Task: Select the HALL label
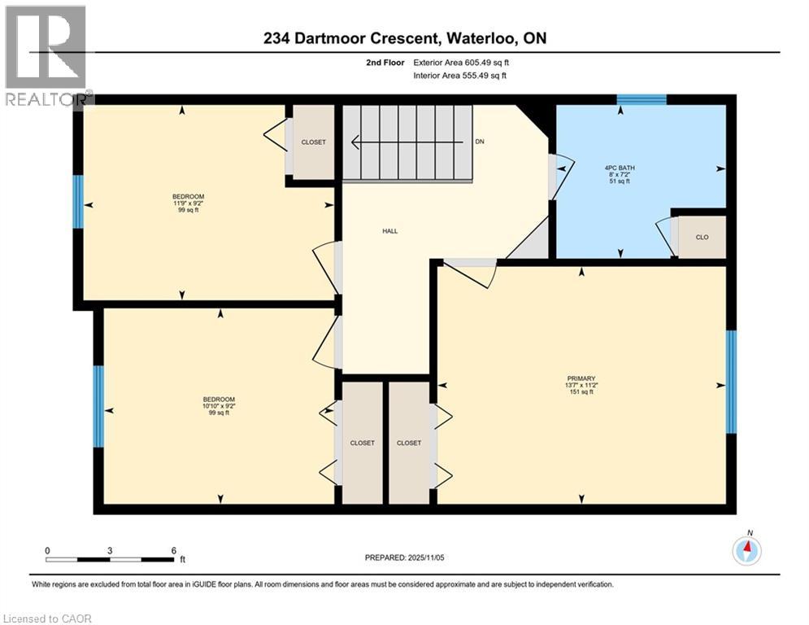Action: [x=390, y=231]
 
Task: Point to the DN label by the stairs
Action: [x=480, y=142]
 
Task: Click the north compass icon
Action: [x=746, y=550]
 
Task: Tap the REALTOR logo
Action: [x=46, y=55]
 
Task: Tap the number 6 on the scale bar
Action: [x=173, y=550]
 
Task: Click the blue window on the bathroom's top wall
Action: [x=641, y=100]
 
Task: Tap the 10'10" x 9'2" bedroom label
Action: [x=219, y=406]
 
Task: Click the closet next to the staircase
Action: [x=313, y=142]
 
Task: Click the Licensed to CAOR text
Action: [x=49, y=618]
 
